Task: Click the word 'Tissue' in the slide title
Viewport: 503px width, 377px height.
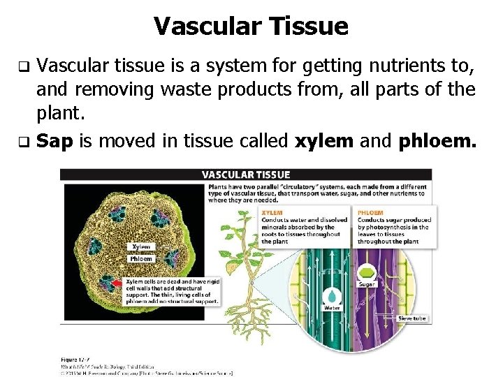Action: tap(312, 27)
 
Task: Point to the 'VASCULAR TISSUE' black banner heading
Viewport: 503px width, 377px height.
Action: tap(245, 174)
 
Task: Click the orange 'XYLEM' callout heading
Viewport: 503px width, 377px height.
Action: tap(271, 212)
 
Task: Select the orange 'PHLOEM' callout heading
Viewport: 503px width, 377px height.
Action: tap(370, 212)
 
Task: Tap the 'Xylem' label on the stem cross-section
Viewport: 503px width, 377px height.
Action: tap(140, 246)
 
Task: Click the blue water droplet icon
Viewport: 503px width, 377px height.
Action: tap(332, 293)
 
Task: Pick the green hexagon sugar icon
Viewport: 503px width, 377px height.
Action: tap(366, 272)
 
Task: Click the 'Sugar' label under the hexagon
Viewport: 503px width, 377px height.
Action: tap(366, 284)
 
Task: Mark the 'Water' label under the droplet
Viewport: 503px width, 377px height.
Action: tap(332, 307)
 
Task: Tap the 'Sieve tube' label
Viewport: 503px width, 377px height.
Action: tap(411, 318)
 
